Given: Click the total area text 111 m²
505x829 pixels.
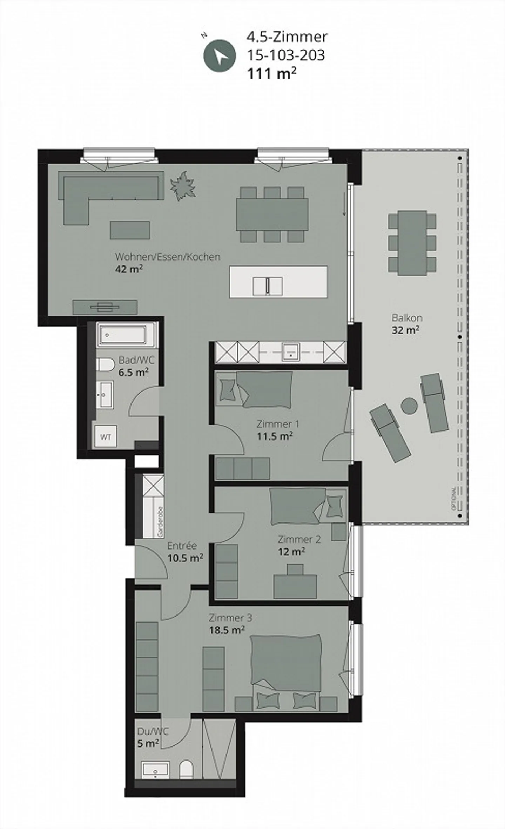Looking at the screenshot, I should (272, 74).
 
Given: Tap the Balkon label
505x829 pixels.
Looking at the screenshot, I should (407, 318).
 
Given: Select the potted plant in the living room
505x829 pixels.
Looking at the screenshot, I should (183, 185).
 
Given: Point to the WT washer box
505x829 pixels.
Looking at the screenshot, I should (106, 437).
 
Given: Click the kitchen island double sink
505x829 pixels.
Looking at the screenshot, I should (268, 286).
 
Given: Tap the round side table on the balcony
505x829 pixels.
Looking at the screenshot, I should (409, 406).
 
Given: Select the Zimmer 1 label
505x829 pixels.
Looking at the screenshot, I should (278, 424).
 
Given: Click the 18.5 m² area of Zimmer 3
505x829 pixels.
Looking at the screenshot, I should (227, 630).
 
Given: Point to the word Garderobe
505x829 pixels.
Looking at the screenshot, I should (160, 522).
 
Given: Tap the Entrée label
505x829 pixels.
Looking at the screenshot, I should (182, 546).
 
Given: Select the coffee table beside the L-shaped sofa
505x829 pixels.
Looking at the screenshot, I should (130, 230).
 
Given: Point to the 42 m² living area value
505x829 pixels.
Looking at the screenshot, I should (129, 269).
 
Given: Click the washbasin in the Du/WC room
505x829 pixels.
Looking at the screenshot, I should (155, 770).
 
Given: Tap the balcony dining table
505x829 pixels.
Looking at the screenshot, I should (412, 243).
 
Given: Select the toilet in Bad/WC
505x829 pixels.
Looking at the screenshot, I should (105, 364).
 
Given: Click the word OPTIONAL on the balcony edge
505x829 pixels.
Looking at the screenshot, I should (454, 499).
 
